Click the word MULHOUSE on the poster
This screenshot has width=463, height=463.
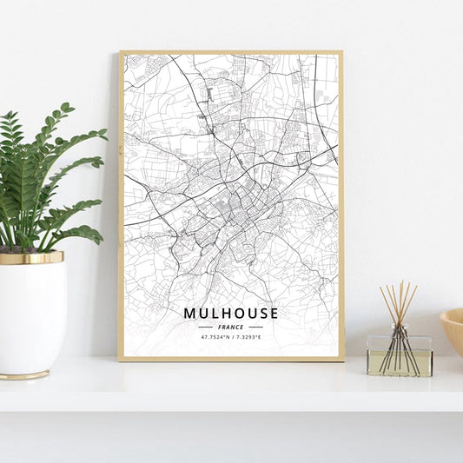(231, 313)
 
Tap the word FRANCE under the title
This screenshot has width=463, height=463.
(231, 327)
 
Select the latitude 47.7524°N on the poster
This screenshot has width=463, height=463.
(215, 337)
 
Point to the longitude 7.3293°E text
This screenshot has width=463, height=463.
(248, 337)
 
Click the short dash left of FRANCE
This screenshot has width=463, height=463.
(205, 327)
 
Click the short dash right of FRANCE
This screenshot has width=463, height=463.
(256, 327)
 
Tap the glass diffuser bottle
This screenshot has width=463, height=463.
(399, 356)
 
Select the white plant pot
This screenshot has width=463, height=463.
(33, 317)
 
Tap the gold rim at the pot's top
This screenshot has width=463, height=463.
(31, 258)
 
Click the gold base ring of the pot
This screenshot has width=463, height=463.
(26, 375)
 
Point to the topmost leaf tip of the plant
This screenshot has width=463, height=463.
(67, 106)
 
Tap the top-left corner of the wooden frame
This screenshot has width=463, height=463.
(121, 52)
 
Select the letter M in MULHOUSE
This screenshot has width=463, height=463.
(189, 313)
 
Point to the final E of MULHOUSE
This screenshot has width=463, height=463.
(274, 313)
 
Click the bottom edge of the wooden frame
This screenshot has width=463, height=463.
(231, 358)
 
